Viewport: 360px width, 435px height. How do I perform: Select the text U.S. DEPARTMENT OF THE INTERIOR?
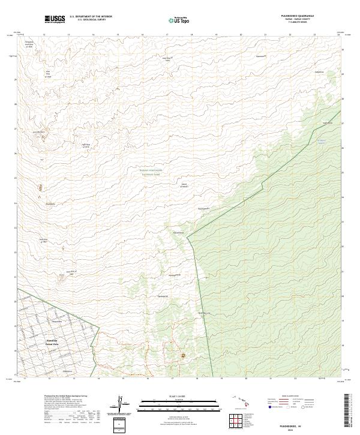[x=91, y=16]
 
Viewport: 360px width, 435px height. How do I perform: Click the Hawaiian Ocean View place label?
[x=52, y=341]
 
